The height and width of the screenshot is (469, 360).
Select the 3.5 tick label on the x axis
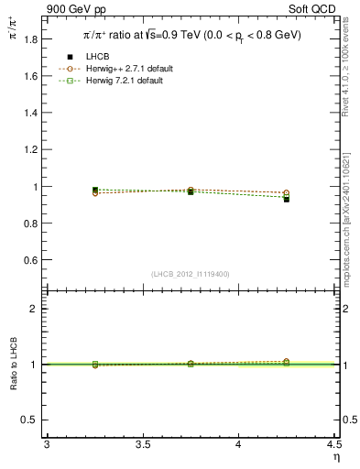[142, 444]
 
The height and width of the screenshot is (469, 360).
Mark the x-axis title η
[336, 455]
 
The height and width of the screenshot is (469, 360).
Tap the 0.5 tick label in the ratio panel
[31, 420]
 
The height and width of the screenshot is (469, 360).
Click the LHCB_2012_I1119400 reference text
[191, 273]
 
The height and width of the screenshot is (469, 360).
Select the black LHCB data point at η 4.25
[286, 199]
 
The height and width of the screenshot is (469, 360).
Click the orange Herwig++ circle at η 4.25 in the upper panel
[286, 192]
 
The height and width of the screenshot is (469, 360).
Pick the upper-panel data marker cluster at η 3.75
[191, 191]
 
